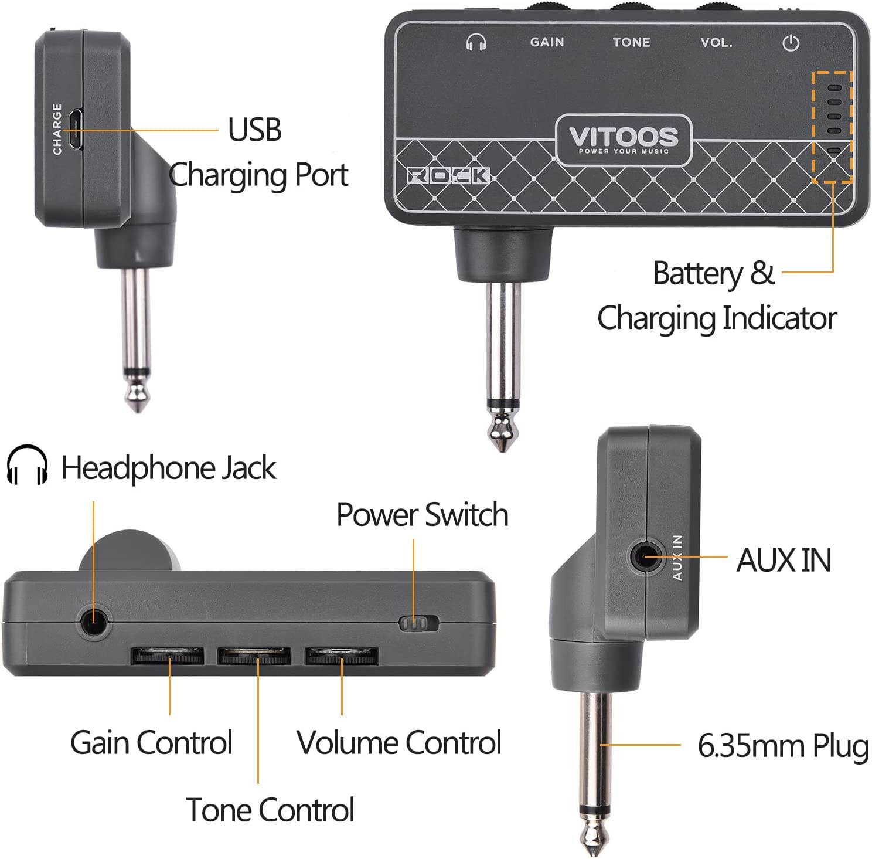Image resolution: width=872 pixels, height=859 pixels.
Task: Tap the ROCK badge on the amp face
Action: (448, 175)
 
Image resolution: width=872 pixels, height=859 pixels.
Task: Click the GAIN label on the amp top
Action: (547, 42)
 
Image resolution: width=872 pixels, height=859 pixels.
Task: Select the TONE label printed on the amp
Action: (631, 42)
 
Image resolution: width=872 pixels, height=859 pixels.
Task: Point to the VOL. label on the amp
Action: (716, 42)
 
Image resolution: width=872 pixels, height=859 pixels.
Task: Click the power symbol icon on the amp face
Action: (791, 43)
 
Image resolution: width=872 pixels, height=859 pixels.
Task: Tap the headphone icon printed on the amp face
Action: (476, 42)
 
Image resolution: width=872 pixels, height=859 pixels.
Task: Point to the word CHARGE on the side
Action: (57, 129)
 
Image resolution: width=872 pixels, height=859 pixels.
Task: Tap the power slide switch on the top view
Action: (418, 623)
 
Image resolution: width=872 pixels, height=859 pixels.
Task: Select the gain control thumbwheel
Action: (168, 656)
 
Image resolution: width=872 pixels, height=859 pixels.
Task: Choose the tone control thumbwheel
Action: (254, 656)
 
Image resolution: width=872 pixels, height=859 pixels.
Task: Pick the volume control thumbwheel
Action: (341, 656)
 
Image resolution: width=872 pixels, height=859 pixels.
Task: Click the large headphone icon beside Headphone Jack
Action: (27, 465)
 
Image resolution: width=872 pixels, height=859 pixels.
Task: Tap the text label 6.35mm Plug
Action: (783, 746)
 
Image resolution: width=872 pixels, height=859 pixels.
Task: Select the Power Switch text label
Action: (422, 515)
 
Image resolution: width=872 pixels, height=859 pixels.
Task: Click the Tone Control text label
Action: (270, 810)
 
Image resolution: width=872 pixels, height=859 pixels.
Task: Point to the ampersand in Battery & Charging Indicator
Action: (762, 273)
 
